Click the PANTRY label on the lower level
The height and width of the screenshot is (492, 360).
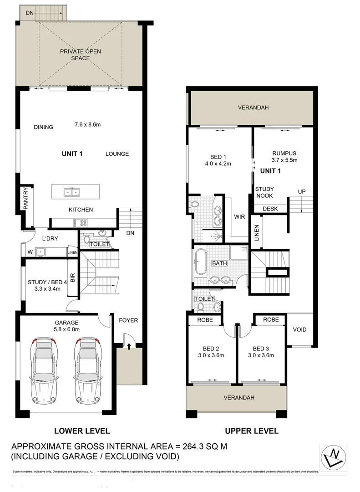pos(26,199)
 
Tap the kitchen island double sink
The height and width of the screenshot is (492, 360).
pos(71,192)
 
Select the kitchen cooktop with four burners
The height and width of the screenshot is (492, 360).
pos(84,223)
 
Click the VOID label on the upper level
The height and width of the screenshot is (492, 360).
pos(299,329)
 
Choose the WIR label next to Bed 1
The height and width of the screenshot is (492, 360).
pos(239,216)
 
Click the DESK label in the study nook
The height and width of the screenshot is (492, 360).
pos(269,209)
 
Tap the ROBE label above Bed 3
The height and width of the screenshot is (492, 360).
pos(271,320)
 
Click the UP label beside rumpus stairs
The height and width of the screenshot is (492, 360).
pos(301,191)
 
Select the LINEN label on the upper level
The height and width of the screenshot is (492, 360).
pos(256,233)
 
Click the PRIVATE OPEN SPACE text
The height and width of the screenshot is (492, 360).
pos(81,55)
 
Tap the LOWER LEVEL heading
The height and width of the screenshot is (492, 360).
pos(82,430)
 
